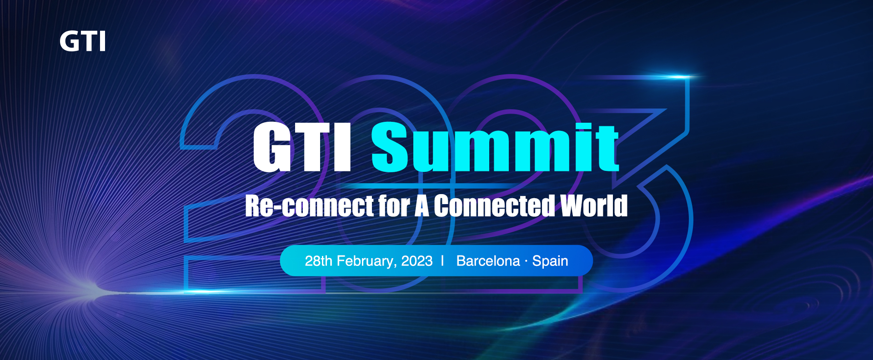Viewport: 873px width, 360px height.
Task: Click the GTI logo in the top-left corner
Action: coord(82,41)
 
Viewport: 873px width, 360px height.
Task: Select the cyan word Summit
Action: coord(495,147)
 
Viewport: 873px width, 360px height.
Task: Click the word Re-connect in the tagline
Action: coord(309,205)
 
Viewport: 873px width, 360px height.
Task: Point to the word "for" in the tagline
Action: coord(394,205)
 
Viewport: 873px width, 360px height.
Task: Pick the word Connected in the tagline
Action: coord(494,205)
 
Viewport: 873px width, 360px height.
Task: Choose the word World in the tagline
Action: coord(594,205)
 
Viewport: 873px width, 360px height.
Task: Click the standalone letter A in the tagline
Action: coord(421,206)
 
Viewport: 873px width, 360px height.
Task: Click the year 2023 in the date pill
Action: coord(417,261)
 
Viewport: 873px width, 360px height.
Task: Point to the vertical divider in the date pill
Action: coord(442,261)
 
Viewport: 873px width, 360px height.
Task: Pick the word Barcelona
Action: coord(488,261)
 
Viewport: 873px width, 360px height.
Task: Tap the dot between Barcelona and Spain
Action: coord(526,261)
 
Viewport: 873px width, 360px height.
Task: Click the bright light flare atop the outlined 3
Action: coord(673,77)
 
